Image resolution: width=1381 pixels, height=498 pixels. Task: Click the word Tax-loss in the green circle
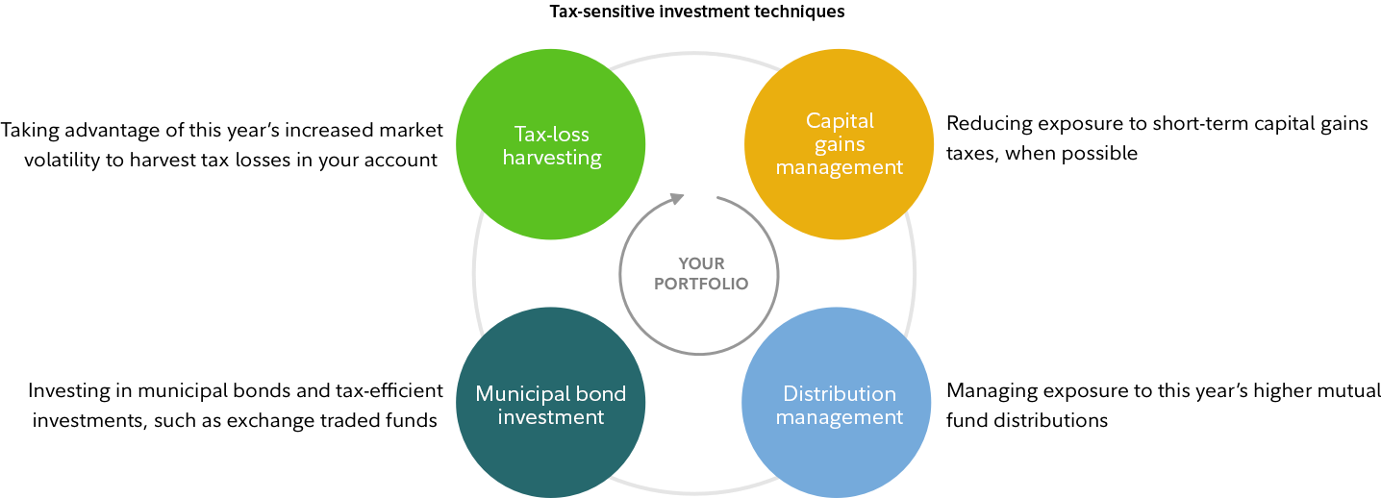(x=551, y=134)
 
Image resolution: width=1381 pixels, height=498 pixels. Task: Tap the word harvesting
(x=551, y=158)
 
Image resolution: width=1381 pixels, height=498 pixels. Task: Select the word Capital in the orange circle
(x=840, y=121)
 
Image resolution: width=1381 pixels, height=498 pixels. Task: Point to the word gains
(x=840, y=144)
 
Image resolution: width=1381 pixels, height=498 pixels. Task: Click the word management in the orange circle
(x=840, y=167)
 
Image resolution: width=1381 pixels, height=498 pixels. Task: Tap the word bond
(x=603, y=394)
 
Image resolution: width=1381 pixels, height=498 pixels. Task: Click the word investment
(x=551, y=417)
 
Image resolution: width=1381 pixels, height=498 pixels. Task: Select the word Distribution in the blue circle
(x=840, y=394)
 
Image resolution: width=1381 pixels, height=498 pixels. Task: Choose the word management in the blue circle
(x=840, y=417)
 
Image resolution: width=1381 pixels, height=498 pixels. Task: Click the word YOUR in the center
(x=701, y=262)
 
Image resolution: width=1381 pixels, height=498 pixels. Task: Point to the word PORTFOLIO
(x=701, y=285)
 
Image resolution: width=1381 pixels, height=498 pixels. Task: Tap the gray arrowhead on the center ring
(x=677, y=199)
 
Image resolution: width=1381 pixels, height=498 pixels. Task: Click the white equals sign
(x=351, y=390)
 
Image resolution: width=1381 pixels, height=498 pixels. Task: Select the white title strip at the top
(x=708, y=14)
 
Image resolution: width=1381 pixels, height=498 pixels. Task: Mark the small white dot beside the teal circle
(x=440, y=423)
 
